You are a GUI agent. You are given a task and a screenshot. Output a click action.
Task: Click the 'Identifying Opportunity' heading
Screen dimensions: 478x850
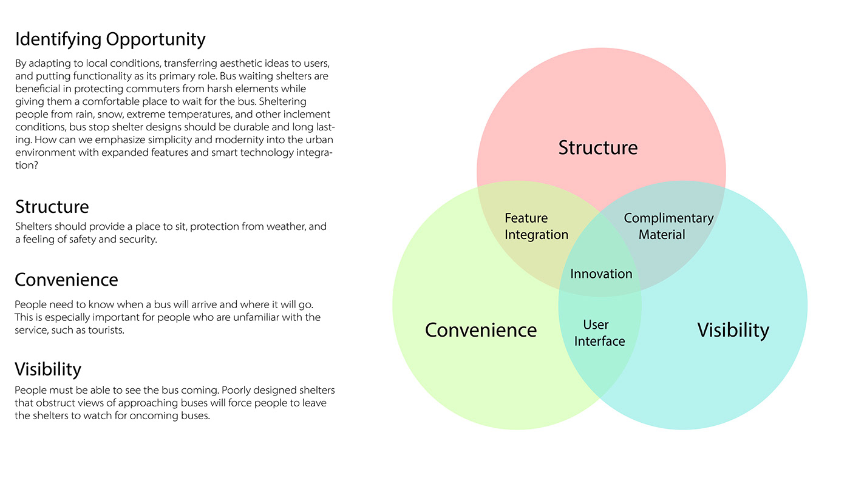(110, 40)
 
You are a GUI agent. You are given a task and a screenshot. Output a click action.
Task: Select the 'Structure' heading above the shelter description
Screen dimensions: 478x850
(52, 207)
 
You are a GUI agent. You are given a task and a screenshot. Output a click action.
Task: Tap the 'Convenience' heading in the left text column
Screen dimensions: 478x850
(66, 280)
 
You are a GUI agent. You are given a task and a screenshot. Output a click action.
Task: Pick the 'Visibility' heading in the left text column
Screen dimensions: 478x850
(48, 369)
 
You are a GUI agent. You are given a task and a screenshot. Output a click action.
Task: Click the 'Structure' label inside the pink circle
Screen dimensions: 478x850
(598, 147)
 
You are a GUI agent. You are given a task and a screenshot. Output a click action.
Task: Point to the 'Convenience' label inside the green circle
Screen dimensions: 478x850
(481, 330)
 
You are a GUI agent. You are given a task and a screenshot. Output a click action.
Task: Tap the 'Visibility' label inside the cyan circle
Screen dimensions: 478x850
(733, 330)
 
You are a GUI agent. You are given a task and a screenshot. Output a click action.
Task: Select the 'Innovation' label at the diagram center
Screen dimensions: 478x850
(601, 274)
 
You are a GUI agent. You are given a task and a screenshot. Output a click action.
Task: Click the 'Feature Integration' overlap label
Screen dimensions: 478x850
(536, 226)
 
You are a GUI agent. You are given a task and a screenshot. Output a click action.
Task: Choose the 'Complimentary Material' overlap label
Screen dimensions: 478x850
(668, 226)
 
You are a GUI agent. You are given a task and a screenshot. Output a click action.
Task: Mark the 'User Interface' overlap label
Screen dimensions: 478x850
(599, 333)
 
